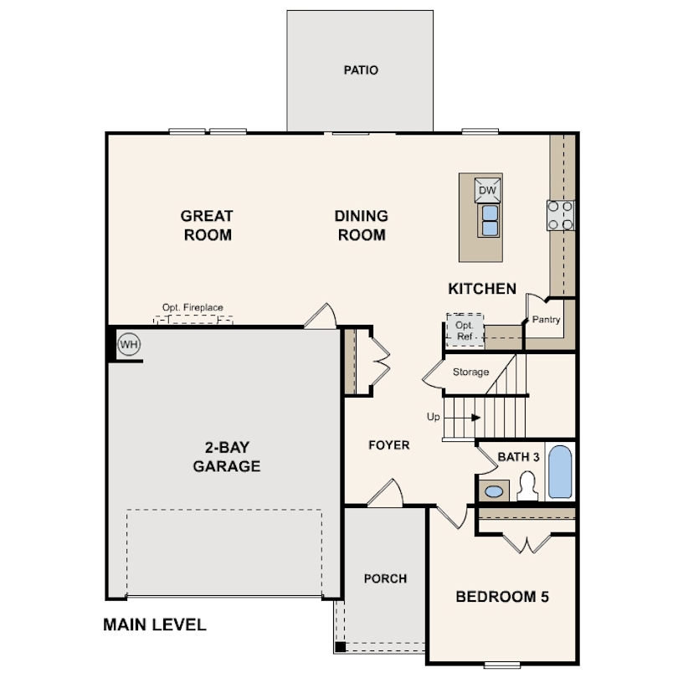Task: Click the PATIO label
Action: point(361,70)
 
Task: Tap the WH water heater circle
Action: point(128,344)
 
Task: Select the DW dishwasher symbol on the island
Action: point(488,191)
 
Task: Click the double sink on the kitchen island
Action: point(488,220)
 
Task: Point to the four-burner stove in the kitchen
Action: point(561,215)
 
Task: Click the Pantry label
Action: point(546,320)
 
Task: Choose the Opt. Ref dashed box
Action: point(465,330)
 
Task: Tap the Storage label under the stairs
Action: point(470,372)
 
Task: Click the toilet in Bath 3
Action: point(527,486)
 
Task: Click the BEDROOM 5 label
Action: point(501,597)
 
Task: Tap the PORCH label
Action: point(385,578)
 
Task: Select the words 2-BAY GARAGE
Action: point(227,456)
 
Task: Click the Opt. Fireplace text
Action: point(193,308)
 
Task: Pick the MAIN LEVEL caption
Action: point(154,624)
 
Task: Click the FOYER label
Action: point(389,445)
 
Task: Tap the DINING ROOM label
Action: point(362,226)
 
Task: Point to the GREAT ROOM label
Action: point(207,226)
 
